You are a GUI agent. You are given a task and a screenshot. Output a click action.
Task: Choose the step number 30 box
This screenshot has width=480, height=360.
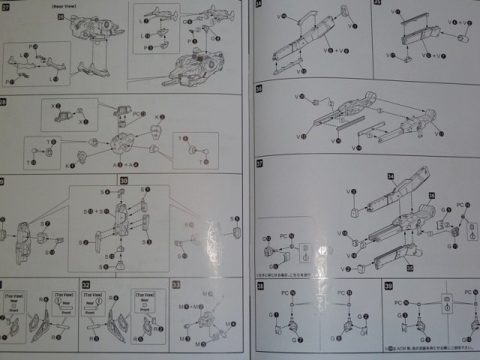click(x=124, y=181)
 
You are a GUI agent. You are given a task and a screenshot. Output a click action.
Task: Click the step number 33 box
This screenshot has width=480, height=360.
click(x=176, y=285)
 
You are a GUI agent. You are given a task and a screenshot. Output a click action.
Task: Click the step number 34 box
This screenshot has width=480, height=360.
click(x=259, y=4)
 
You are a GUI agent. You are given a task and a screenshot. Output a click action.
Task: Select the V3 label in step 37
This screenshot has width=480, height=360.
click(x=350, y=193)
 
